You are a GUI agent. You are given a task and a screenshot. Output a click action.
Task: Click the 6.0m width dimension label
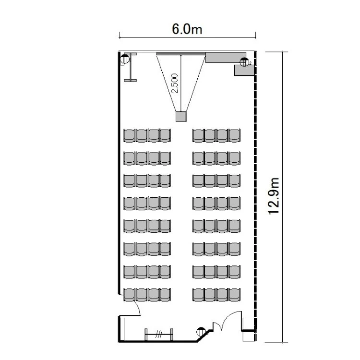point(187,29)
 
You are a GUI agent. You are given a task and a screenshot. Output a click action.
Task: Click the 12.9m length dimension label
point(274,196)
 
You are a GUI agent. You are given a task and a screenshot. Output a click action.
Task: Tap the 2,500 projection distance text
point(175,83)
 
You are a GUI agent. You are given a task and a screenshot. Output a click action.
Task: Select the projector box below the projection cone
point(181,117)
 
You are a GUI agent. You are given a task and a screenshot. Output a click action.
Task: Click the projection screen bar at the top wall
point(181,54)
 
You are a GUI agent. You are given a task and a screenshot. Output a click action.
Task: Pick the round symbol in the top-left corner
point(125,59)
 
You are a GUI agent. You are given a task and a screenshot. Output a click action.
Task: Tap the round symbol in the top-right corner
point(244,62)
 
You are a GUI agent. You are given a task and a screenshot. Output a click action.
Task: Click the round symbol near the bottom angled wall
point(201,332)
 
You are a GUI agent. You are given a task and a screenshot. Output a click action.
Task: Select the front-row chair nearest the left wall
point(129,135)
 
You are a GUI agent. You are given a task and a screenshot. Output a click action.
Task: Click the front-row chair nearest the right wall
point(234,135)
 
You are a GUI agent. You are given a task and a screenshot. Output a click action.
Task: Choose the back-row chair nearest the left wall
point(129,295)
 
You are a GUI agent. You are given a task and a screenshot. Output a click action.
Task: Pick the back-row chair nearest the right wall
point(234,295)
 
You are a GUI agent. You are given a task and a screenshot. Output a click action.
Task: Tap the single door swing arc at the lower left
point(138,307)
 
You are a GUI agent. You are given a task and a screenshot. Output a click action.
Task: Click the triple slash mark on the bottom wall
point(159,334)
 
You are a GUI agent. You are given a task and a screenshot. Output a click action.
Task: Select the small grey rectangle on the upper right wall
point(244,70)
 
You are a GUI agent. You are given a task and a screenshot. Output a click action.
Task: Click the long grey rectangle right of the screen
point(226,58)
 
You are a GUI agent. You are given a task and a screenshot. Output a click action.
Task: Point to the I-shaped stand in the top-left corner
point(130,67)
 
